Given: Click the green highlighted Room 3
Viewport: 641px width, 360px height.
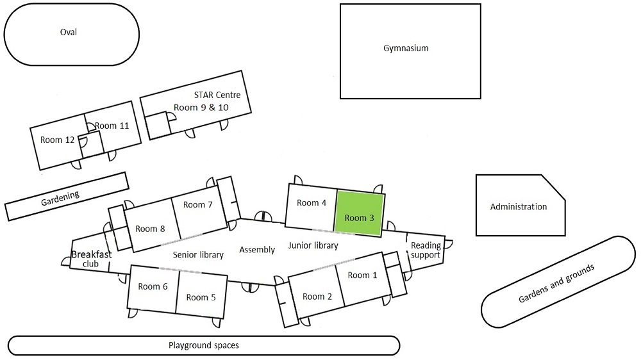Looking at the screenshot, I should point(359,211).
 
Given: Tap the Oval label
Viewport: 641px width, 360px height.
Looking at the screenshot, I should point(68,33).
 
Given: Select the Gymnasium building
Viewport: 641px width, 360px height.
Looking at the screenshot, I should point(406,49).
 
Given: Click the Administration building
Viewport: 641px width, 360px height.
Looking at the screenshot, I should point(518,207).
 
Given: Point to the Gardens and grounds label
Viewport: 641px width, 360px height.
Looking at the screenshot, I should point(556,282).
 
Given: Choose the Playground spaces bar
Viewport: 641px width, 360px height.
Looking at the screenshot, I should point(203,345).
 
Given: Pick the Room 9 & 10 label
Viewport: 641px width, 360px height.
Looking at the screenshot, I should point(201,107).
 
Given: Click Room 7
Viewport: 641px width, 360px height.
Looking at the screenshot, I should point(197,205).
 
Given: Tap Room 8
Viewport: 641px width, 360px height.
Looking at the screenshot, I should point(151,229).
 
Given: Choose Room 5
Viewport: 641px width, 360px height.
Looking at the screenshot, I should point(201,297).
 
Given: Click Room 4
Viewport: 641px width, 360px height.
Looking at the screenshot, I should point(312,203).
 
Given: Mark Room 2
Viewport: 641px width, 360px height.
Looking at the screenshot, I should point(317,296).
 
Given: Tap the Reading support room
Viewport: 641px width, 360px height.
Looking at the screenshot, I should point(426,250).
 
